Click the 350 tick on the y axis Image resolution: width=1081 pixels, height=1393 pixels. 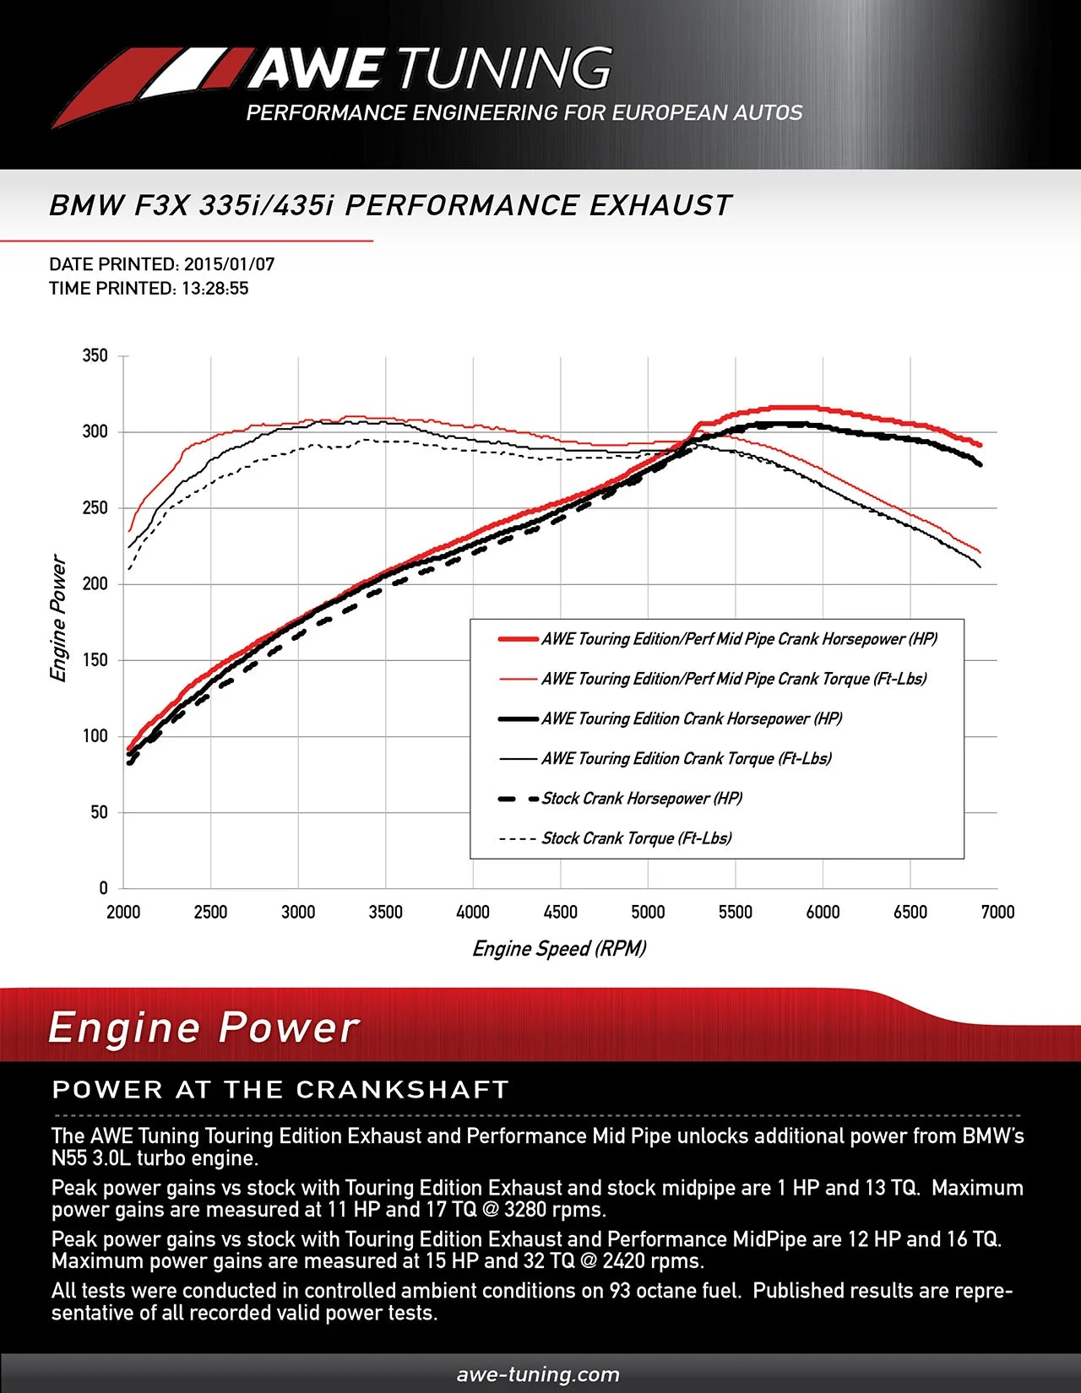(95, 355)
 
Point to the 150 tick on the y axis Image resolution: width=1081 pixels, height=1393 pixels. (95, 660)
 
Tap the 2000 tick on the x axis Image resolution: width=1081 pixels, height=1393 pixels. (123, 913)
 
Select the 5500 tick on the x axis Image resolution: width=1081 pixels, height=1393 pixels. (735, 913)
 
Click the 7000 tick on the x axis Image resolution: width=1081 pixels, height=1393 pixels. (997, 913)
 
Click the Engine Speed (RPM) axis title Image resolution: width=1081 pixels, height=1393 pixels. (559, 949)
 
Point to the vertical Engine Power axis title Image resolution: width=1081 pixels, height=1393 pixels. (58, 618)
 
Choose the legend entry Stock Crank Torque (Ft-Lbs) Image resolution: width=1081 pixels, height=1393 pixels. (636, 838)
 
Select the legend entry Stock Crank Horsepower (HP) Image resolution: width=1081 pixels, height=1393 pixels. (641, 799)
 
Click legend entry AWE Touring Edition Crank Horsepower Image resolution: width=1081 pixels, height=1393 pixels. (692, 719)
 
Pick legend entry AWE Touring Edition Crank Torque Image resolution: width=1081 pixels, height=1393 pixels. (686, 759)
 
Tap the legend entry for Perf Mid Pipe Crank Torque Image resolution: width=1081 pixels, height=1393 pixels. (733, 679)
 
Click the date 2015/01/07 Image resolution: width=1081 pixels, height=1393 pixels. (229, 264)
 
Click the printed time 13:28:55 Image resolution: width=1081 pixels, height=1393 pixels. (215, 289)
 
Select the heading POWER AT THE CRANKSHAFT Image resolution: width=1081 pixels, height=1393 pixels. (280, 1090)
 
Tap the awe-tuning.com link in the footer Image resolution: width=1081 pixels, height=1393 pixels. (538, 1375)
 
